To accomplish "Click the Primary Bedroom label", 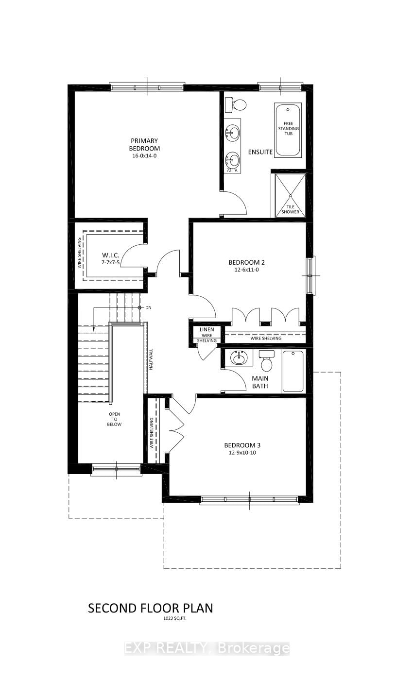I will point(144,145).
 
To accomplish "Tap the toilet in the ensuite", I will point(239,104).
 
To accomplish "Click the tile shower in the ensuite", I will point(290,195).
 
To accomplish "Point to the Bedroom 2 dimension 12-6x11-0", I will point(246,270).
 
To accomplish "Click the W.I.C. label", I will point(108,255).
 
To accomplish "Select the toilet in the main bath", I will point(266,361).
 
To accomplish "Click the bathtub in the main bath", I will point(293,371).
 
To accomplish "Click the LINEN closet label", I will point(207,330).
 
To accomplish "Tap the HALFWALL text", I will point(151,360).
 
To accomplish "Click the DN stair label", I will point(148,308).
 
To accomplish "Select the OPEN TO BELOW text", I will point(115,419).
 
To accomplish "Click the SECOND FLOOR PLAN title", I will point(150,608).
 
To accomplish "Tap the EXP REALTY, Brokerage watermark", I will point(207,648).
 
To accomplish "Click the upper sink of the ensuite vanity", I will point(233,131).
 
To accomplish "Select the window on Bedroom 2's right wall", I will point(310,275).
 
